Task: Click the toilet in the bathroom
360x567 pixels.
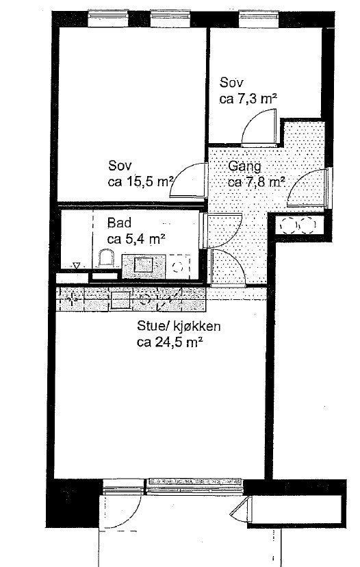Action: (106, 260)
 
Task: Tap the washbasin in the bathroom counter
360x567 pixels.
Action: (145, 264)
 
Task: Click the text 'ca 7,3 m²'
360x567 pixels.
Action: (248, 99)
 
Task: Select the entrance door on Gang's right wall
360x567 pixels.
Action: (308, 188)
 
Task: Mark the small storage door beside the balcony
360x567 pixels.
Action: (242, 511)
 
